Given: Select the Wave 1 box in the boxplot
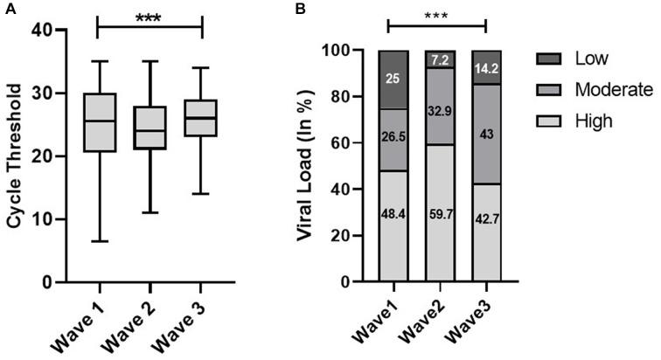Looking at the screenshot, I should pos(96,122).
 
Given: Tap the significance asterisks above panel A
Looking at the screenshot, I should pos(149,17).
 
